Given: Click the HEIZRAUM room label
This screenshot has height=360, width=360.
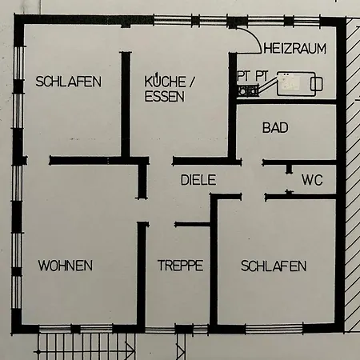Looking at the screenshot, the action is tap(294, 49).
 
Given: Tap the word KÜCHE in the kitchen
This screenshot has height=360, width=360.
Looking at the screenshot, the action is tap(165, 82).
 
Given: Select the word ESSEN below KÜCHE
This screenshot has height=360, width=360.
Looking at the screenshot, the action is tap(165, 96).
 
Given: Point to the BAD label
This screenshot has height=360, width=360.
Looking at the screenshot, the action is tap(275, 127).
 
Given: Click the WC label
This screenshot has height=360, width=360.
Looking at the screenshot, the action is tap(312, 180).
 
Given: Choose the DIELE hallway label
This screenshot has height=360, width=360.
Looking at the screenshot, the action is tap(198, 180).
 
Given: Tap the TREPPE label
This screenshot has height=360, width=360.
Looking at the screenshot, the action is tap(180, 266).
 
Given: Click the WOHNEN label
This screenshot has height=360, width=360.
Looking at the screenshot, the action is tap(66, 266).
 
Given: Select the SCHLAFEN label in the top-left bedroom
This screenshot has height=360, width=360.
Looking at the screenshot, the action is tap(69, 82).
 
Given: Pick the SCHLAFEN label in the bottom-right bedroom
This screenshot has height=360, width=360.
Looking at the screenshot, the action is tap(274, 266).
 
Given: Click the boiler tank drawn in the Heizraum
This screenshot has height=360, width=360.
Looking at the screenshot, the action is tap(296, 83).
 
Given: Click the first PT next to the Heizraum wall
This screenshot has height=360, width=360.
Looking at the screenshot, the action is tap(242, 76).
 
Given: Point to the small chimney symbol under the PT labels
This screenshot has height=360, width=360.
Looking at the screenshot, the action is tap(248, 90).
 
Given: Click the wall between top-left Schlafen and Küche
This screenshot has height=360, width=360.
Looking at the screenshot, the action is tap(126, 105).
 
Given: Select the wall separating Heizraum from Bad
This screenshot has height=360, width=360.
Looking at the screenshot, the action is tap(286, 102).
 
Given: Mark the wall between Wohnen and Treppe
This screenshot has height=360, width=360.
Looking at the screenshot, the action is tap(142, 275).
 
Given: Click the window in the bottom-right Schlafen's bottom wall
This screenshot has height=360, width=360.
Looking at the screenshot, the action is tap(274, 329).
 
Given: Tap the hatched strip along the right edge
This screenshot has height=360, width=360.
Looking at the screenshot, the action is tap(353, 174).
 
